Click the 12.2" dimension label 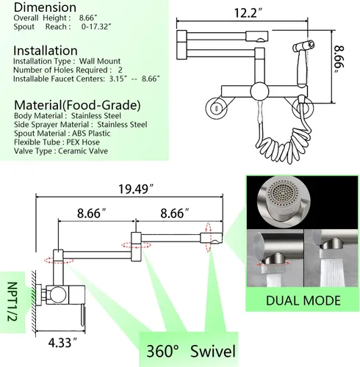coord(248,12)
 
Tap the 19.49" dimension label coord(136,189)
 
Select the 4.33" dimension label coord(63,343)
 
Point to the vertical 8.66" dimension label coord(339,59)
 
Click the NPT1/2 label coord(12,302)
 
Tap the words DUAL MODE coord(303,300)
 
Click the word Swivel coord(213,351)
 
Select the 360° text coord(163,352)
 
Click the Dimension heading coord(45,7)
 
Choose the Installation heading coord(46,51)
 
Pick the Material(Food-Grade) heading coord(77,105)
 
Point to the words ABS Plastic coord(91,134)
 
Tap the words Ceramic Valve coord(83,151)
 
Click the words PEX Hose coord(83,142)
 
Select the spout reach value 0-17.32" coord(96,26)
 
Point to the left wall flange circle coord(216,108)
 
